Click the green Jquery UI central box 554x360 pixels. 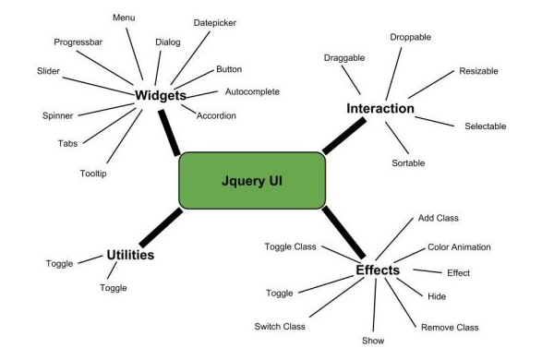[x=251, y=180]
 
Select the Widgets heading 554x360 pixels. [x=161, y=95]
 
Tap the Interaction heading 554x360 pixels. [x=379, y=109]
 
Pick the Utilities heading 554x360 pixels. [x=130, y=255]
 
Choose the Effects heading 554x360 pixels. [x=378, y=270]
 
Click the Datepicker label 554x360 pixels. [x=215, y=22]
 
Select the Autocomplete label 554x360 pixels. [x=252, y=91]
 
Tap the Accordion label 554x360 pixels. [x=216, y=115]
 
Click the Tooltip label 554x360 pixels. [x=93, y=174]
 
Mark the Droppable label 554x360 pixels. [x=410, y=37]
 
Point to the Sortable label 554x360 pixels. [x=408, y=162]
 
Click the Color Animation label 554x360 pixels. [x=459, y=247]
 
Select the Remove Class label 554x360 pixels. [x=450, y=327]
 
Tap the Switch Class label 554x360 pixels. [x=280, y=326]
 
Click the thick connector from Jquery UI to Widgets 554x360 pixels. [x=168, y=132]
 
